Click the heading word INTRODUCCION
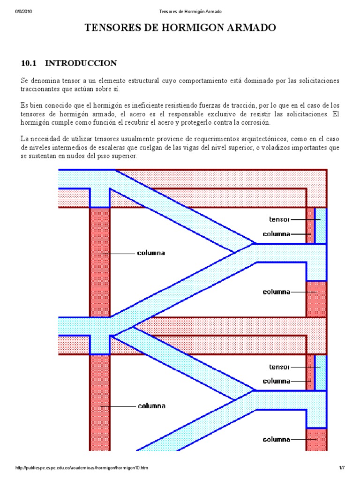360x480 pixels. coord(81,63)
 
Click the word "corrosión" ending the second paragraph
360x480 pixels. coord(254,122)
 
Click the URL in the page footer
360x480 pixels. coord(82,468)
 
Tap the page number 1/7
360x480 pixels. coord(342,468)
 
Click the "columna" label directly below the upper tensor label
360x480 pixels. coord(276,233)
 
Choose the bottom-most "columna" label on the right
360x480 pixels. coord(276,439)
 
